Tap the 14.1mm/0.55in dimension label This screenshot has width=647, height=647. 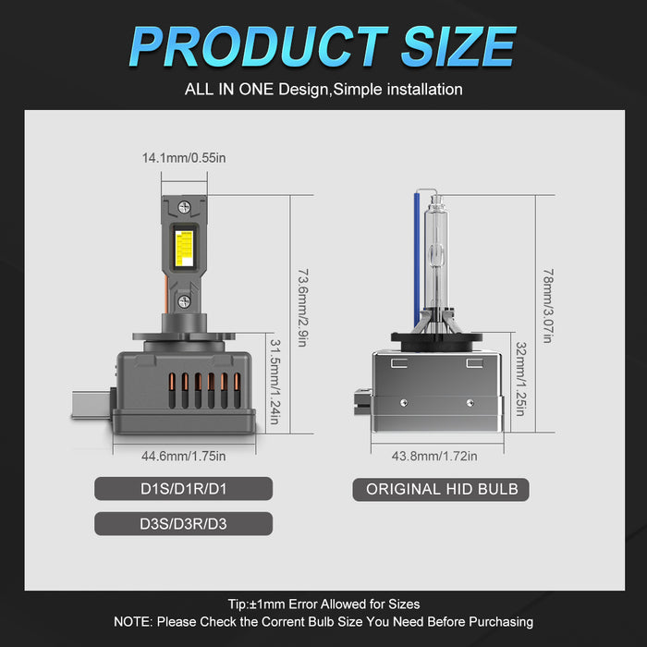[184, 158]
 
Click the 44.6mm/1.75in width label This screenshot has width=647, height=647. [184, 455]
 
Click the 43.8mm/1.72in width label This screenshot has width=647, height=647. [435, 455]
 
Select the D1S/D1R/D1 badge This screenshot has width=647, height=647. [184, 489]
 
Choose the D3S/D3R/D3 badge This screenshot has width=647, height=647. [184, 524]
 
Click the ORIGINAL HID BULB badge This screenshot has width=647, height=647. [442, 489]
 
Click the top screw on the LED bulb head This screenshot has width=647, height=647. [184, 207]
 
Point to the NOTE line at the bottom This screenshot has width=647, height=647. [323, 622]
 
